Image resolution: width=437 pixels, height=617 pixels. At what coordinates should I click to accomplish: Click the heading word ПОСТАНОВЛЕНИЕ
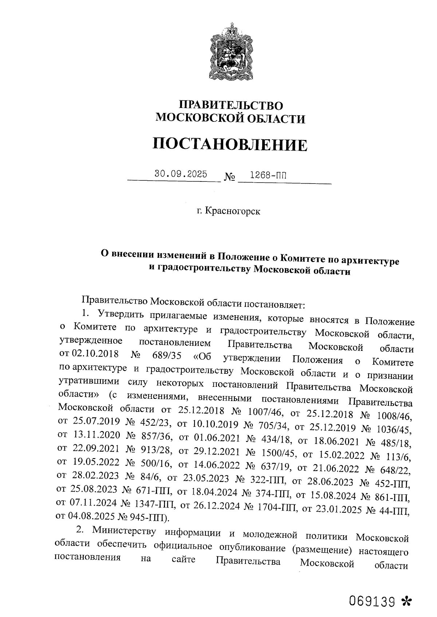(230, 144)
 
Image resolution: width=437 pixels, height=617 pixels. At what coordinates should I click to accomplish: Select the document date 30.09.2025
(181, 174)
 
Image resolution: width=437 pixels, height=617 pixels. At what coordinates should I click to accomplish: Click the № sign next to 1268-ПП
(229, 177)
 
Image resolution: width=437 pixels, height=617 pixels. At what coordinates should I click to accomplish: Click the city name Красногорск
(233, 211)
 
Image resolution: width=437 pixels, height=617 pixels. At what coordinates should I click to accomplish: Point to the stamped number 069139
(372, 601)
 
